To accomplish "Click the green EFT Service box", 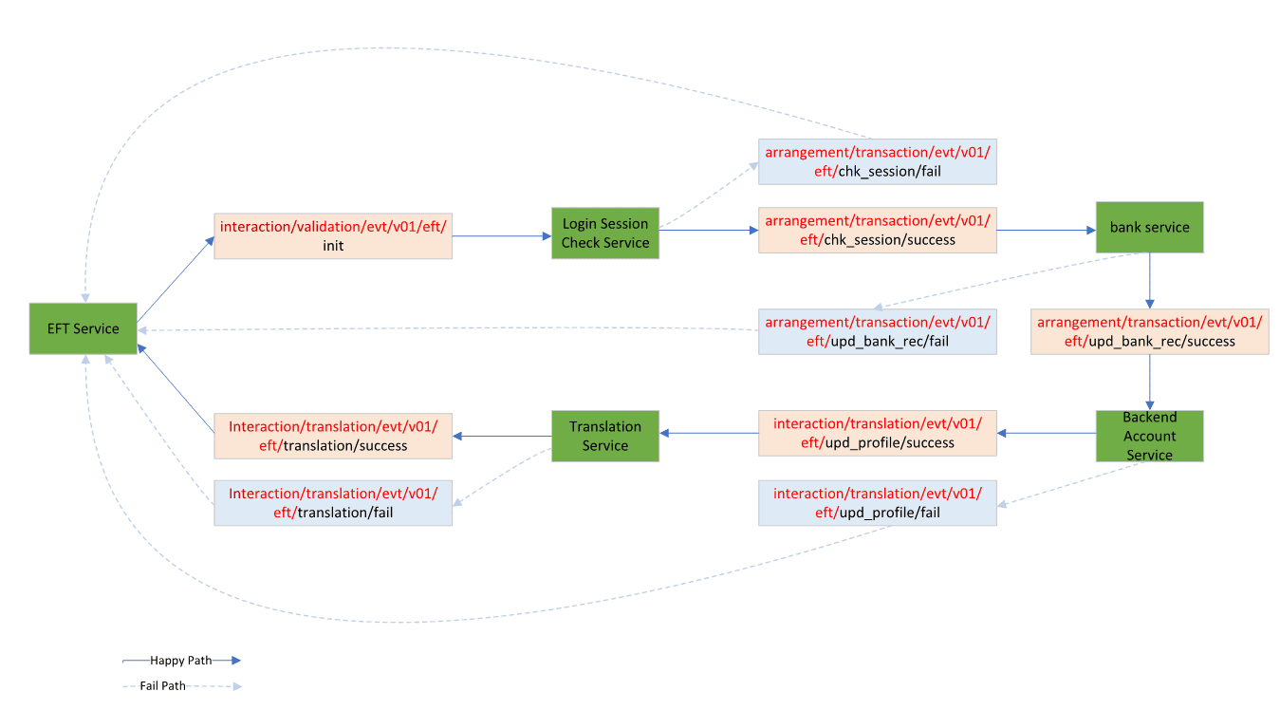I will pyautogui.click(x=83, y=328).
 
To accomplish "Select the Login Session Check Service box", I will pyautogui.click(x=605, y=234).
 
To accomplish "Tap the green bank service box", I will pyautogui.click(x=1149, y=227).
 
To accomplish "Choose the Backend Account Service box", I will pyautogui.click(x=1149, y=436).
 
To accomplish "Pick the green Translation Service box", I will pyautogui.click(x=605, y=436).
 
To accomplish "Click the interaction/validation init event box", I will pyautogui.click(x=333, y=236).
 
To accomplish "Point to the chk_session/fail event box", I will pyautogui.click(x=878, y=160).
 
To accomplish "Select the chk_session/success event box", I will pyautogui.click(x=878, y=230).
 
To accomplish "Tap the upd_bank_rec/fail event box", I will pyautogui.click(x=878, y=331).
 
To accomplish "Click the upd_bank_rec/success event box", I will pyautogui.click(x=1149, y=331).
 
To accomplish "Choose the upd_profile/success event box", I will pyautogui.click(x=878, y=433).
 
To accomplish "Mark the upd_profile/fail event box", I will pyautogui.click(x=878, y=502).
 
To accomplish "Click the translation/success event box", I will pyautogui.click(x=333, y=436).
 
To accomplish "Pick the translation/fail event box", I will pyautogui.click(x=333, y=502).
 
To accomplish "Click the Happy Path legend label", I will pyautogui.click(x=181, y=661).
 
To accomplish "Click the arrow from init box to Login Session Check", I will pyautogui.click(x=502, y=236).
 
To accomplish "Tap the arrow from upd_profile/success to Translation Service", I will pyautogui.click(x=709, y=433).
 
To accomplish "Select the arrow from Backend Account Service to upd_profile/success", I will pyautogui.click(x=1047, y=433).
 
